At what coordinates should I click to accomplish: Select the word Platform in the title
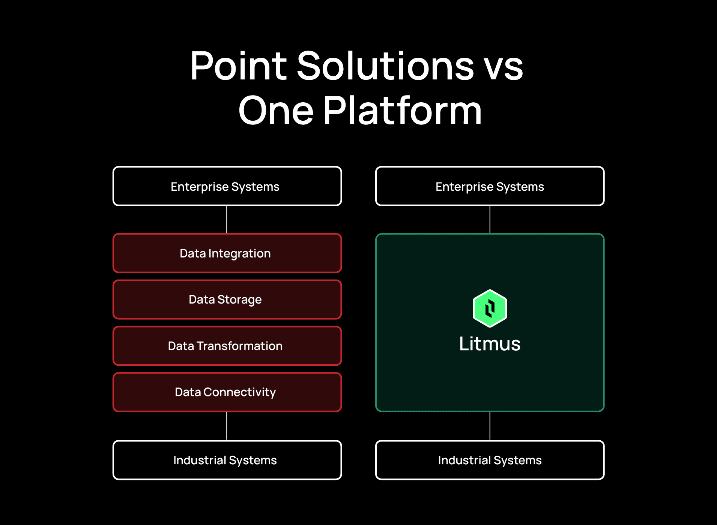point(402,111)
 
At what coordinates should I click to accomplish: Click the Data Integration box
point(227,253)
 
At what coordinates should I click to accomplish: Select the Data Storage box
point(227,299)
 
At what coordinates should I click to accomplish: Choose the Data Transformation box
point(227,346)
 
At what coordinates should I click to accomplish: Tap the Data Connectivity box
point(227,392)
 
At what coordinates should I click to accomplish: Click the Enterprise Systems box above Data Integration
point(227,186)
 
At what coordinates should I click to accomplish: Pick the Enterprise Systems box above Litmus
point(490,186)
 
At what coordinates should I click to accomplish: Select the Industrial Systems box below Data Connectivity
point(227,460)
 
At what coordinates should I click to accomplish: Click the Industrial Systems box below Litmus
point(490,460)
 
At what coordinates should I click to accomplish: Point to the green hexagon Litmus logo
point(490,308)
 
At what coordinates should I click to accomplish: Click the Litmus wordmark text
point(490,344)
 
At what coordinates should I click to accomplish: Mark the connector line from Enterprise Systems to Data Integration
point(226,220)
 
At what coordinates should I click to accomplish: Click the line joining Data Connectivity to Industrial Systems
point(226,426)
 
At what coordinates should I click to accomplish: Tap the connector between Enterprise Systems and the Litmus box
point(490,220)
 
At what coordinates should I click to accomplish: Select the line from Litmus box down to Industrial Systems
point(490,426)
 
